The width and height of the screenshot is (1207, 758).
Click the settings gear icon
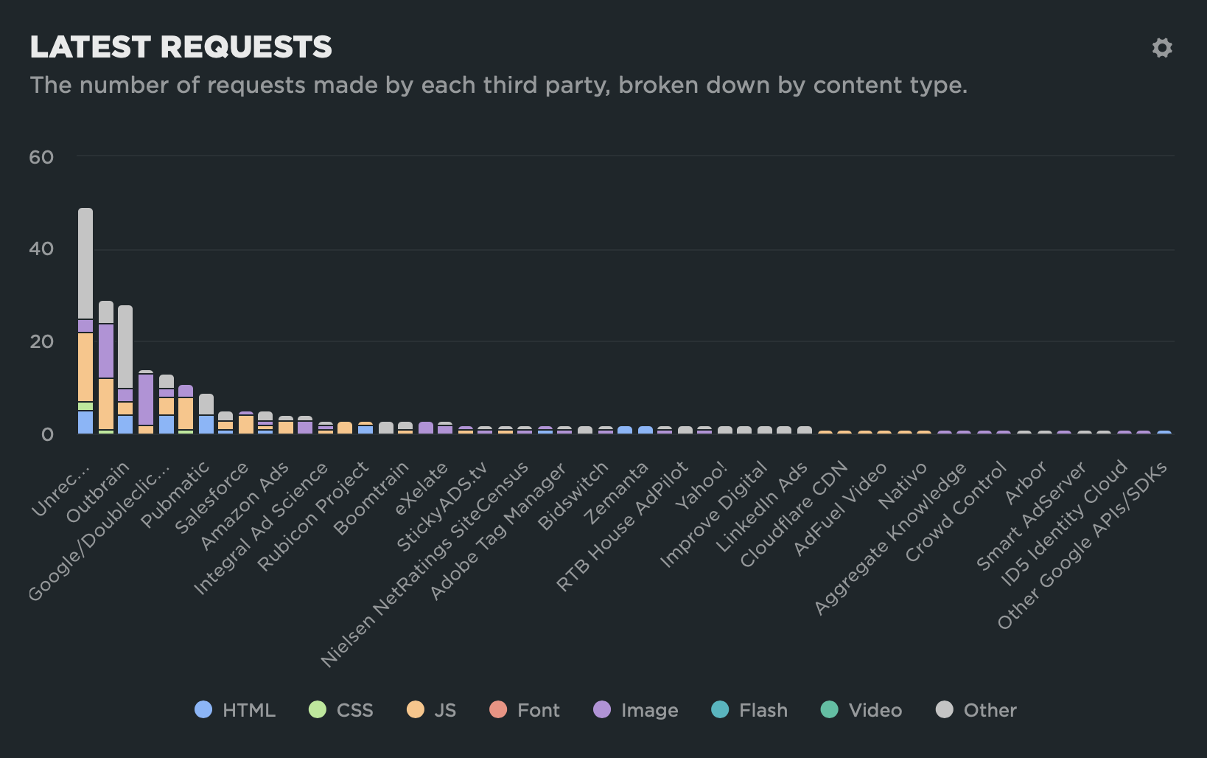1162,48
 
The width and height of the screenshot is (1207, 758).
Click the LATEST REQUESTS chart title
181,47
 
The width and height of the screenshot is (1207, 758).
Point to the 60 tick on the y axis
41,157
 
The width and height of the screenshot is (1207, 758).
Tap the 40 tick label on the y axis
41,249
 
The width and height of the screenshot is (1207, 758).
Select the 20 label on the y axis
41,341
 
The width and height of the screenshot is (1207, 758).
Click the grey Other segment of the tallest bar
85,263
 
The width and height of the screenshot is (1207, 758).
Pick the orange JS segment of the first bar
85,367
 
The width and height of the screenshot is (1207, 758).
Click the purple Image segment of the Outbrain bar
106,351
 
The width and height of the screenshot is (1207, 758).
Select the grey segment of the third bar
125,347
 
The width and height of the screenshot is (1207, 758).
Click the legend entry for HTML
235,710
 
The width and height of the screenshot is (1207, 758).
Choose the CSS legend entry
341,710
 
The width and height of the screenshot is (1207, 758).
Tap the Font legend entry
525,710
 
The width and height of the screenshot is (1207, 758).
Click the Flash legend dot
720,710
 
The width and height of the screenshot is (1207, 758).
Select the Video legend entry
861,710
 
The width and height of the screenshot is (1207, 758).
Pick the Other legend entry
976,710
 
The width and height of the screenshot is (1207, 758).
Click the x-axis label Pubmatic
175,494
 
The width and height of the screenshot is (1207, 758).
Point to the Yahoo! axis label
702,485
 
